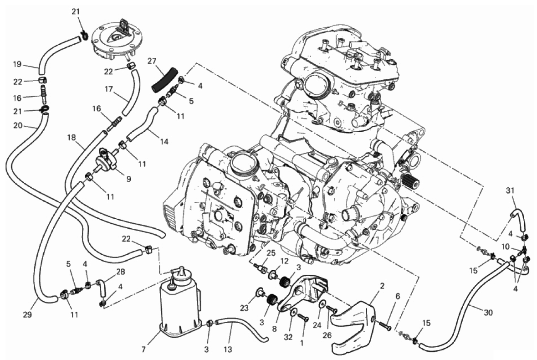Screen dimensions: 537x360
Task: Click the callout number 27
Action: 152,62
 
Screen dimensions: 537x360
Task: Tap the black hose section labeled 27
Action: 165,79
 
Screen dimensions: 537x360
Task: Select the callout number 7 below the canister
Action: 143,350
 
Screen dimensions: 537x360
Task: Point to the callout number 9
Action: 128,179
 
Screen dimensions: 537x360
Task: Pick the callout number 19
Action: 17,64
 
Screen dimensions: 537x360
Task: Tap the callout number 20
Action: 18,125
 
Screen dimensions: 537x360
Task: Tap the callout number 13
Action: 228,350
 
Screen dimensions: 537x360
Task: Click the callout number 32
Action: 288,337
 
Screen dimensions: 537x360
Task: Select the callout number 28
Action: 120,272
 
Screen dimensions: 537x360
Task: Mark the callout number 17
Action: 108,89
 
